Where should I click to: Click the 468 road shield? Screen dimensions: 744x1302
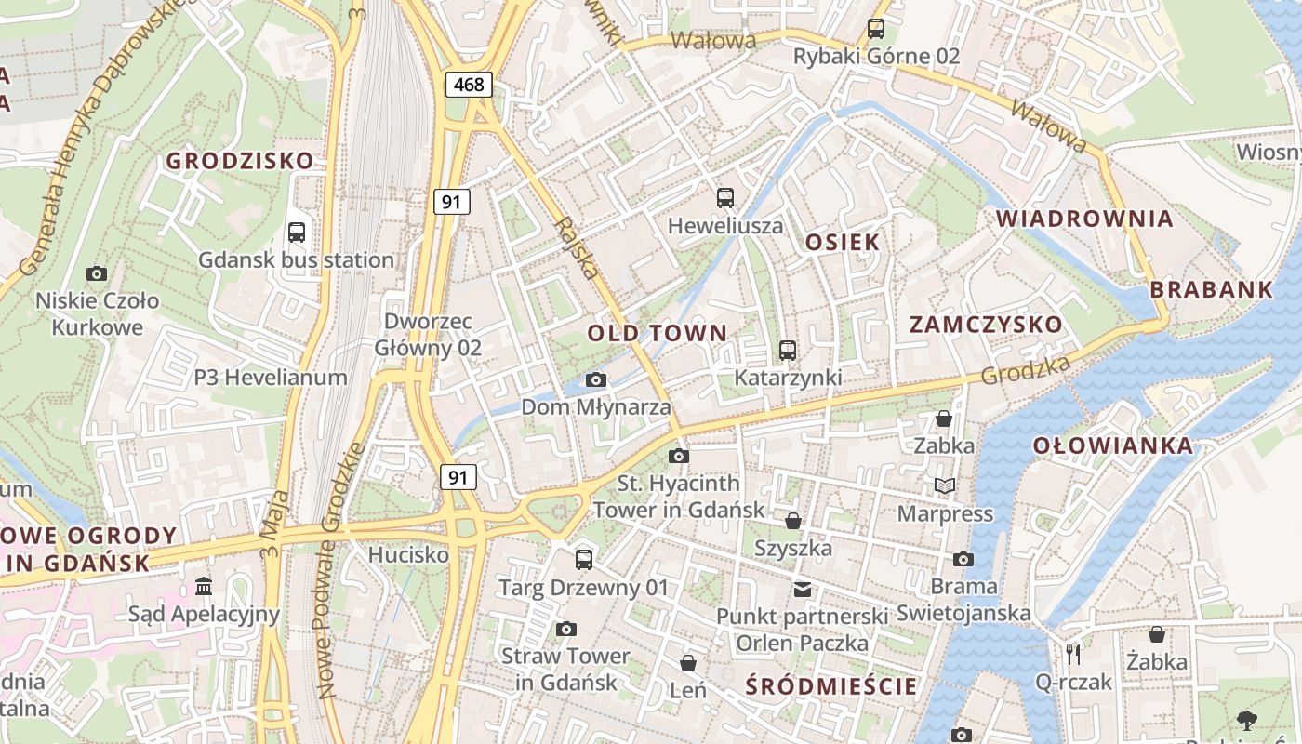coord(469,85)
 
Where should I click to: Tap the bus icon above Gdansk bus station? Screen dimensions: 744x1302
coord(297,232)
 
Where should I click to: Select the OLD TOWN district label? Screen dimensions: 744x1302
coord(657,333)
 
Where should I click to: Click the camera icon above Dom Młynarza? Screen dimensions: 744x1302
coord(596,379)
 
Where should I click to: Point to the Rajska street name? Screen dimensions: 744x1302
coord(576,248)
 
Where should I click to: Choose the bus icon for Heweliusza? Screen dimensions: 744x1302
coord(725,198)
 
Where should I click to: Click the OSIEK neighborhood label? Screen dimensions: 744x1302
coord(842,243)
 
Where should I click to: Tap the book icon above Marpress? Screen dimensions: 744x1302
coord(945,486)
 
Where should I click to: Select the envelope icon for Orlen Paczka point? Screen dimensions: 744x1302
coord(802,589)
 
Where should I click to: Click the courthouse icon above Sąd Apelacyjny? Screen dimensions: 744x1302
coord(204,586)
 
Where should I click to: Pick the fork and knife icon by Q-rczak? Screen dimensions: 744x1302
coord(1073,654)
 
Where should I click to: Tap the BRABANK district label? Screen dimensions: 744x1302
coord(1211,289)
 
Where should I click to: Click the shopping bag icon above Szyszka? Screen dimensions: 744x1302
coord(793,521)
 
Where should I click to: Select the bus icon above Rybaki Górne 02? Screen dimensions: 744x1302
coord(876,29)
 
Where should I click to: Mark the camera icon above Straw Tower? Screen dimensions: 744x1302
coord(565,630)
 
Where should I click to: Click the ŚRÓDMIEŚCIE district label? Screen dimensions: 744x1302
coord(831,687)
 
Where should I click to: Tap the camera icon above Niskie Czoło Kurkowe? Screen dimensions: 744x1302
coord(97,273)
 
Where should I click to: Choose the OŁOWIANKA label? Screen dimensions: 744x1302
coord(1112,445)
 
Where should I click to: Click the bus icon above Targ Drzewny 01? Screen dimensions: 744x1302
coord(584,559)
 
